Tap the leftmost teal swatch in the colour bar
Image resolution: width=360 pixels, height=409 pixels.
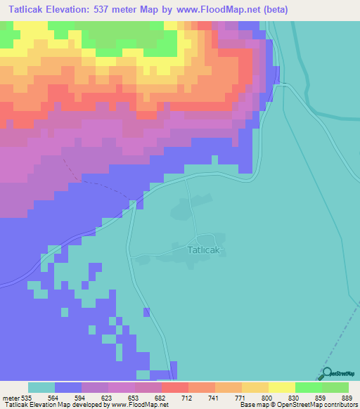pyautogui.click(x=41, y=388)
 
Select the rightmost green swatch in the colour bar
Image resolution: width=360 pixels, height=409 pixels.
pyautogui.click(x=335, y=388)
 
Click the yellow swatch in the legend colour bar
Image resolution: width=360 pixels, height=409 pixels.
pyautogui.click(x=282, y=388)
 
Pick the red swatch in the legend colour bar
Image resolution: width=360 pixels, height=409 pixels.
pyautogui.click(x=175, y=388)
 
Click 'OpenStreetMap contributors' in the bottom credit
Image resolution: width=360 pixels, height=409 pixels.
pyautogui.click(x=323, y=405)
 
